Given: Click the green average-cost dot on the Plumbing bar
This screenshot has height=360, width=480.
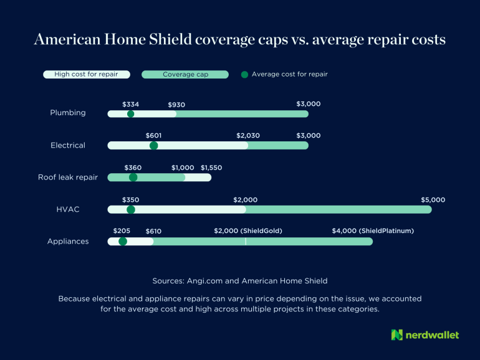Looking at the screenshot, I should (x=130, y=114).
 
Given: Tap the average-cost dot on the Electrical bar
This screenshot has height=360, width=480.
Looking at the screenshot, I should (x=153, y=146).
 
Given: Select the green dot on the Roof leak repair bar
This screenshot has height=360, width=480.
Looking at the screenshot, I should (x=133, y=178).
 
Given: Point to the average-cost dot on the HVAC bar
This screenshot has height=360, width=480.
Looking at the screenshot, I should (x=130, y=209).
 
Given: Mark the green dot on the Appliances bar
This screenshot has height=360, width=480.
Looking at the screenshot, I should (x=122, y=241).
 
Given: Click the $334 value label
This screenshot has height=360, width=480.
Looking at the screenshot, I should (x=131, y=105).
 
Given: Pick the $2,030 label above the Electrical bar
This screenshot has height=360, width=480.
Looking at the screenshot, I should (x=248, y=136).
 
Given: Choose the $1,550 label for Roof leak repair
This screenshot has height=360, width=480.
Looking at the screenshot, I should (x=211, y=168).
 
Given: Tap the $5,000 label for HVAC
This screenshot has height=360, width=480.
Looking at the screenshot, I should (x=433, y=200).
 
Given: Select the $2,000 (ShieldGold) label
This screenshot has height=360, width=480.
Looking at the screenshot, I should (x=248, y=231).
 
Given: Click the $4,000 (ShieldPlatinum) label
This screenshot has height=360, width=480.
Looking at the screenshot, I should (x=373, y=231).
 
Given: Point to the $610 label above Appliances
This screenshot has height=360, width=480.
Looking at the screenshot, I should (x=153, y=231).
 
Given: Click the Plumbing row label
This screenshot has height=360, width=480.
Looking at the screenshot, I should (x=68, y=113).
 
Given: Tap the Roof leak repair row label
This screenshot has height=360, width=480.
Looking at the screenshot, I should (x=68, y=178).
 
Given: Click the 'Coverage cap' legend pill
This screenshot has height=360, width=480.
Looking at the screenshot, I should (x=185, y=74).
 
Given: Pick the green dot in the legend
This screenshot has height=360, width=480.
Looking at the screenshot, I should (x=244, y=74).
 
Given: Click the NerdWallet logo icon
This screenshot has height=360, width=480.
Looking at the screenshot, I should (x=397, y=335).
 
